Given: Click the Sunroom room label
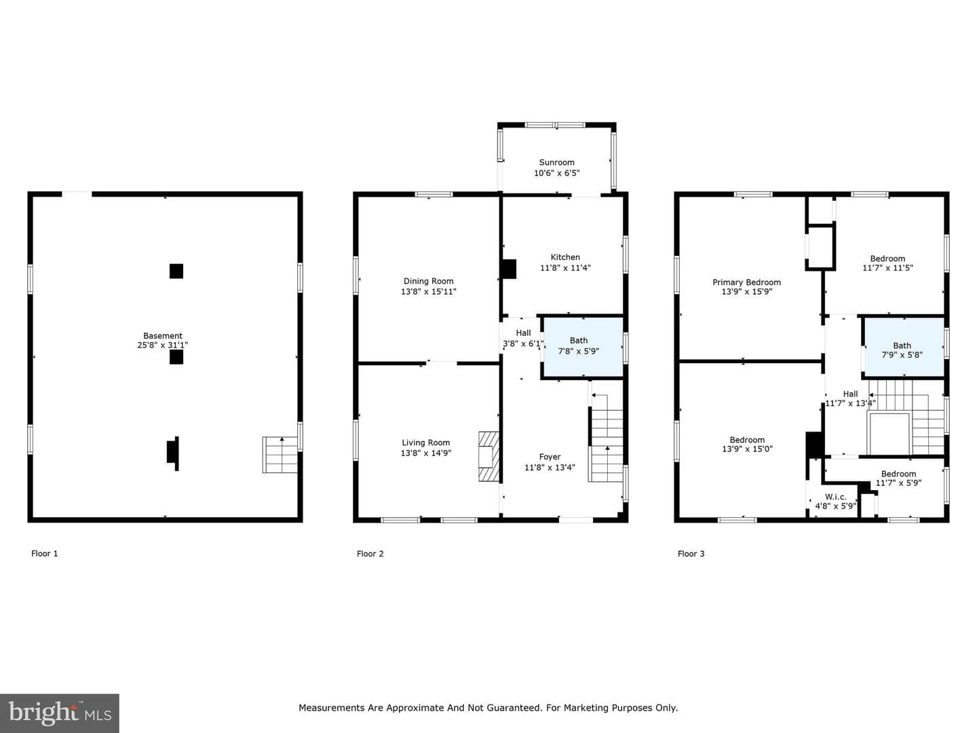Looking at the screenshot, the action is point(556,162).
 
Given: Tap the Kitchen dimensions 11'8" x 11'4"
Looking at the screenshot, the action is point(565,268).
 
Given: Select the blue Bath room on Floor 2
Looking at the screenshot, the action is point(582,347).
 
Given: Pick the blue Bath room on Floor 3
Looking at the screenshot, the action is point(904,347).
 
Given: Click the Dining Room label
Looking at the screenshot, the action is point(428,281).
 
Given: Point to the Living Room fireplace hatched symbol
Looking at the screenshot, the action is point(488,455).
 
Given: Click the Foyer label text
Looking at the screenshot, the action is point(550,457).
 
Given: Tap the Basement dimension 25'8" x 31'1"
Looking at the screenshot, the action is point(162,345).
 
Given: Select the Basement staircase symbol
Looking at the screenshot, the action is point(280,455).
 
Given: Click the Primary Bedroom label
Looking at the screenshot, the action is point(746,282).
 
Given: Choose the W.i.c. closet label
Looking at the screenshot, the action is point(835,497).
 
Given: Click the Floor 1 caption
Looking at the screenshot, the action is point(45,554).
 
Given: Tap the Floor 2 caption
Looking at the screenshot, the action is point(370,554).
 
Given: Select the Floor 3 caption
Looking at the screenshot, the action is point(691,554).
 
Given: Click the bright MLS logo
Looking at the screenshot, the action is point(60,713).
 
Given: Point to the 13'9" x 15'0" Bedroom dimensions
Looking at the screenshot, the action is point(747,449).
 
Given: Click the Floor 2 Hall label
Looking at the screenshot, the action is point(523,333).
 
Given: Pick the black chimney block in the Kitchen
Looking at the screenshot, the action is point(510,269).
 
